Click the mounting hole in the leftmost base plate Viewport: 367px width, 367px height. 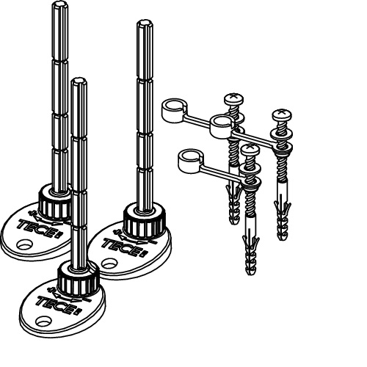click(x=24, y=244)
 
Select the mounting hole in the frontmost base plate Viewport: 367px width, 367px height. click(x=43, y=321)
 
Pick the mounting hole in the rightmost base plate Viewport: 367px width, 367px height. click(x=109, y=264)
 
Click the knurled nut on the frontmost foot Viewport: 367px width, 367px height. click(x=79, y=278)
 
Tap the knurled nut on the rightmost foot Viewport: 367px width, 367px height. click(x=145, y=221)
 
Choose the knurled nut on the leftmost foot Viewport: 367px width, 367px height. click(x=55, y=201)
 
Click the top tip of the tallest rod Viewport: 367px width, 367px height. click(x=60, y=4)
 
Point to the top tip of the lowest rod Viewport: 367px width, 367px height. click(x=79, y=81)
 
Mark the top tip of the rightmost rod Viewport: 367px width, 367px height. click(x=145, y=23)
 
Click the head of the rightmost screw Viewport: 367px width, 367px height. click(x=282, y=115)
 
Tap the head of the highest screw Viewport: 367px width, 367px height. click(x=233, y=98)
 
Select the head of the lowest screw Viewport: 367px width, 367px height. click(x=250, y=150)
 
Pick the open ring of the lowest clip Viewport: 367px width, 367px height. click(x=191, y=161)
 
